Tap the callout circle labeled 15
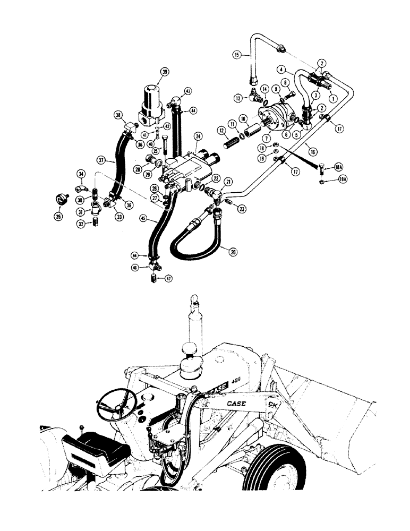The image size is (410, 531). click(x=237, y=54)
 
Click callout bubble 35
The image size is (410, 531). click(x=58, y=217)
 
